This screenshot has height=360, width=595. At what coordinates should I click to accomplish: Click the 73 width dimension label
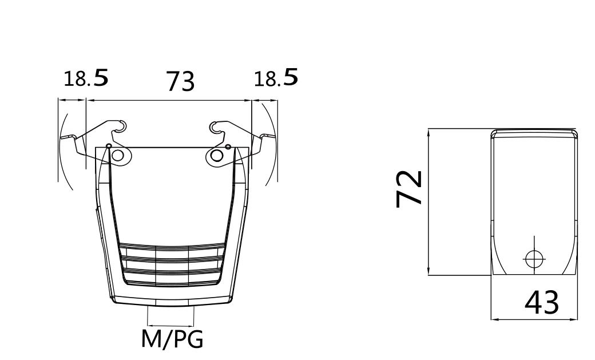click(181, 81)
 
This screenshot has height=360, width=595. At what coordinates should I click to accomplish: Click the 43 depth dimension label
click(541, 302)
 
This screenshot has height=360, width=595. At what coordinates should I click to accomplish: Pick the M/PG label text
click(172, 339)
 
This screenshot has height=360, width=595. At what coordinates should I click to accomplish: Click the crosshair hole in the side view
click(534, 259)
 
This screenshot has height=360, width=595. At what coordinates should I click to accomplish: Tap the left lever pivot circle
click(118, 155)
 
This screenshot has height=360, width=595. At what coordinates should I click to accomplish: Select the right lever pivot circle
click(217, 155)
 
